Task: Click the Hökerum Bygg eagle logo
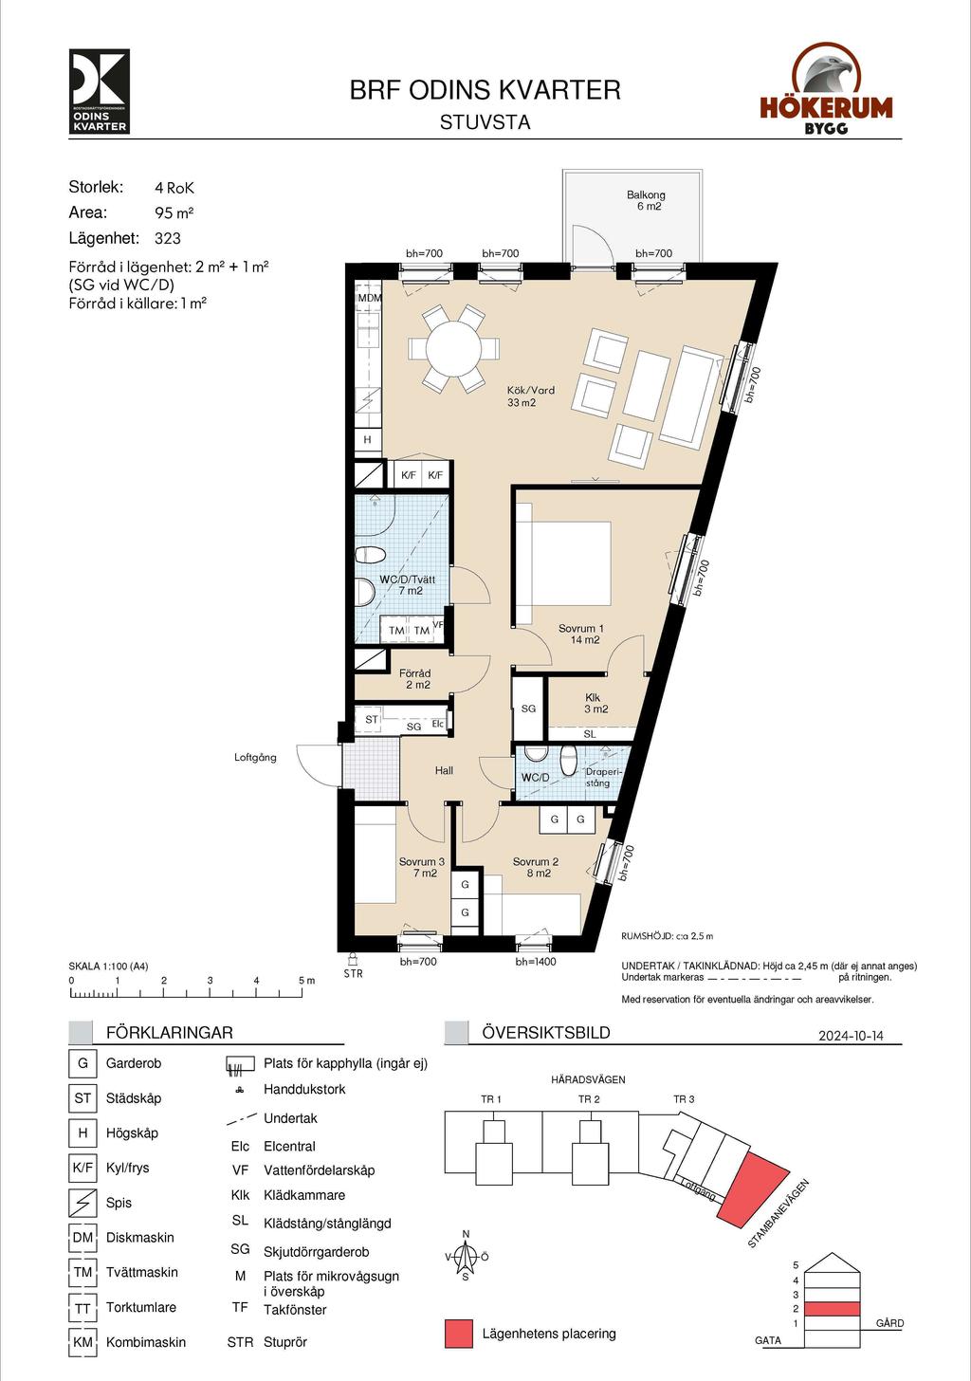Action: [826, 88]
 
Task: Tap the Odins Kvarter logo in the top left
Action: [99, 91]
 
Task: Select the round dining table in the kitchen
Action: [454, 349]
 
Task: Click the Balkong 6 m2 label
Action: [646, 200]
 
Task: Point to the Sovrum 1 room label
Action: [580, 634]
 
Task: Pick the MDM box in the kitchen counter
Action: [369, 298]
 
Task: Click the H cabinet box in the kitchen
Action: [367, 439]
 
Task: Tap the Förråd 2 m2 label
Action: [415, 679]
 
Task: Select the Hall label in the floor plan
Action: [444, 770]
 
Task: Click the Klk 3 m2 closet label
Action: [595, 704]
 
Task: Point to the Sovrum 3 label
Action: [422, 868]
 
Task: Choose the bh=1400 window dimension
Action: [536, 961]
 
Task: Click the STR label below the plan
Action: [354, 973]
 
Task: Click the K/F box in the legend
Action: [82, 1168]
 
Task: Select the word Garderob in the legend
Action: [134, 1063]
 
